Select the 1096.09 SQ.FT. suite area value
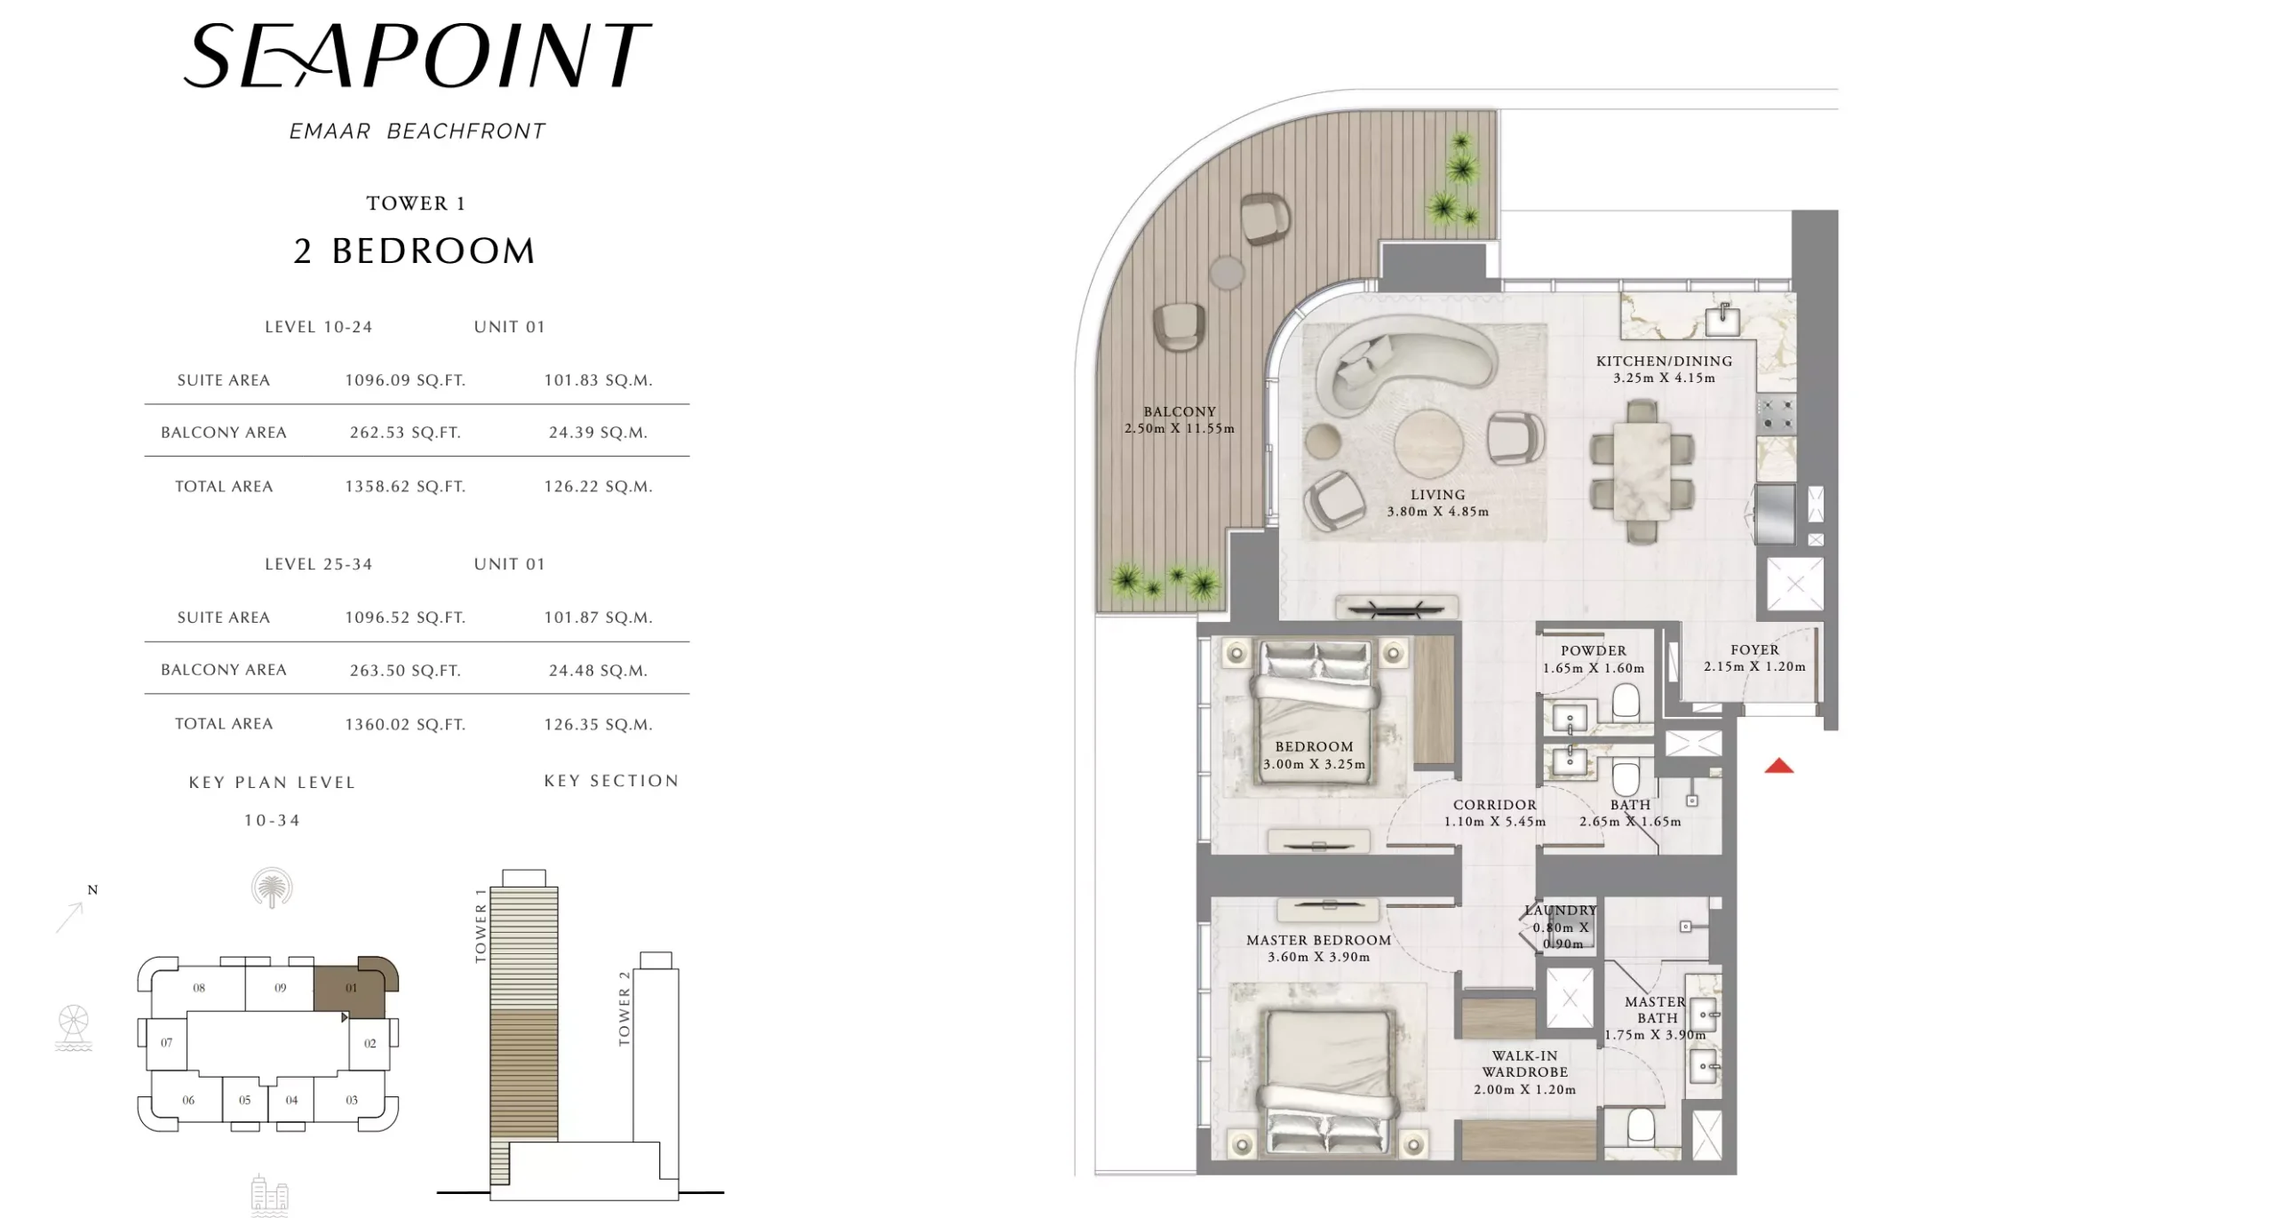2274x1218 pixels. coord(405,380)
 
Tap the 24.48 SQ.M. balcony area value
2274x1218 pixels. coord(598,671)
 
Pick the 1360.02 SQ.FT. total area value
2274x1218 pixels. coord(405,724)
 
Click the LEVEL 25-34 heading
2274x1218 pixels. coord(319,564)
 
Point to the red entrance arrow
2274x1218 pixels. coord(1778,766)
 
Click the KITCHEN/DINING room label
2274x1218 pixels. coord(1664,361)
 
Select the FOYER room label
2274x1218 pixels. coord(1754,649)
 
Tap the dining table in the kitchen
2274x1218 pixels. coord(1642,471)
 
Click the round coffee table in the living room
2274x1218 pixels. coord(1428,442)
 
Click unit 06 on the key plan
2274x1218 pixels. coord(188,1100)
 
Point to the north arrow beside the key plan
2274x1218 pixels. coord(70,918)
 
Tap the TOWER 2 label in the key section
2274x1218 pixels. coord(624,1007)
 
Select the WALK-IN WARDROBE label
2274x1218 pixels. coord(1525,1063)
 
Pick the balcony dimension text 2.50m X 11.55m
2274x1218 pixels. coord(1179,428)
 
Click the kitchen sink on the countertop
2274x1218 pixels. coord(1722,321)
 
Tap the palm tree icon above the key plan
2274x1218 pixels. coord(272,888)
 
